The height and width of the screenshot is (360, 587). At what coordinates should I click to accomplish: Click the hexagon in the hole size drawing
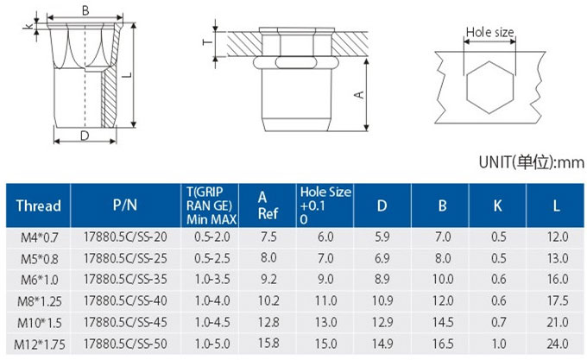tap(468, 87)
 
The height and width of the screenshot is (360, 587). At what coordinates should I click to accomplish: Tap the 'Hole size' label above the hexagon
tap(489, 32)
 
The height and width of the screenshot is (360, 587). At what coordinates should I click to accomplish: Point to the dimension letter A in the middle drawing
tap(358, 94)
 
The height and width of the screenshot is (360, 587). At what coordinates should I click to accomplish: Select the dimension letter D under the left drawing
tap(85, 136)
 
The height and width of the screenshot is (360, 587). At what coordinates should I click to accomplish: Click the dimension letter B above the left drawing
tap(85, 11)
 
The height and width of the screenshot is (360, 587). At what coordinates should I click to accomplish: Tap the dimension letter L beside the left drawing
tap(128, 74)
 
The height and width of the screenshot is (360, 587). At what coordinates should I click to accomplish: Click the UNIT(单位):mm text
tap(531, 162)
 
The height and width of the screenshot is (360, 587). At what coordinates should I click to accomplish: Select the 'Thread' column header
tap(38, 205)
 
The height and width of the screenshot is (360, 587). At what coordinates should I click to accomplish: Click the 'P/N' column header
tap(125, 205)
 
